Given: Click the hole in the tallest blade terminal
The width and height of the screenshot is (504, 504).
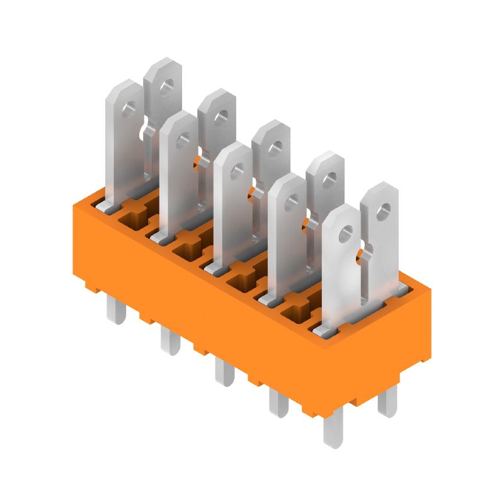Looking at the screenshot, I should coord(166,85).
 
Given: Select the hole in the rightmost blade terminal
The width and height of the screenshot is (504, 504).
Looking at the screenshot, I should coord(382,208).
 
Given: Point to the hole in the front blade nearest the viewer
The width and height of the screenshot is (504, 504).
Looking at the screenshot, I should coord(345,236).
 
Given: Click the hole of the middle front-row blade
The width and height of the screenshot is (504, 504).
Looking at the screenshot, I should coord(238,169).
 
